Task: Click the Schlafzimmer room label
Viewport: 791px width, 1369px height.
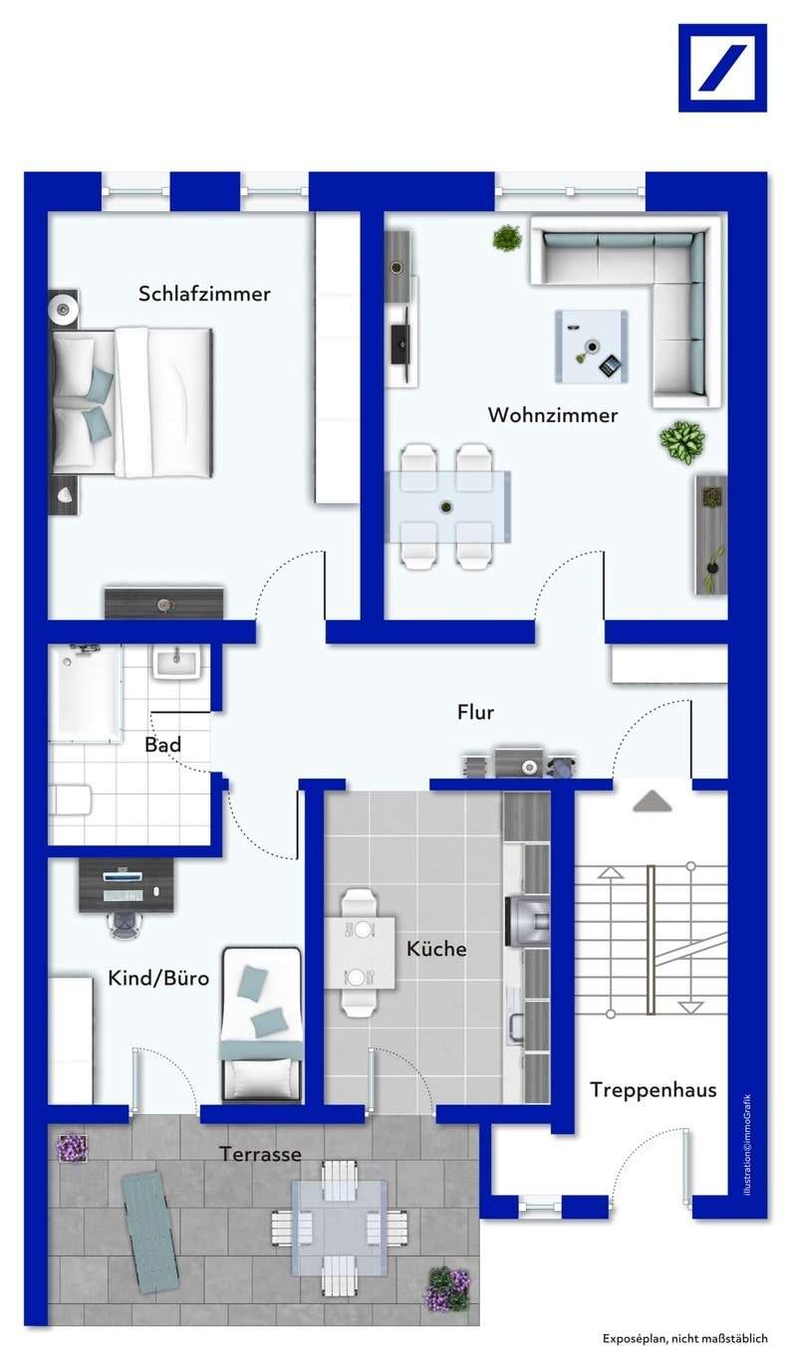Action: pyautogui.click(x=204, y=294)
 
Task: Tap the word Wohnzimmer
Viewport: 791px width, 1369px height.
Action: pyautogui.click(x=552, y=415)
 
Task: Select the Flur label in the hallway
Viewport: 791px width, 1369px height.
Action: pyautogui.click(x=475, y=712)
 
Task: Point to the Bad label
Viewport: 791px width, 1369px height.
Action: pyautogui.click(x=163, y=745)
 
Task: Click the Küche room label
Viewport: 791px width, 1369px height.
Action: pyautogui.click(x=436, y=949)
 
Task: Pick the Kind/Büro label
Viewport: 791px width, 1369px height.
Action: pyautogui.click(x=158, y=978)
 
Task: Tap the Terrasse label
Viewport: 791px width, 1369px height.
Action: pyautogui.click(x=260, y=1154)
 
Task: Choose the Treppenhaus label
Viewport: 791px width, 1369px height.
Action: pyautogui.click(x=653, y=1089)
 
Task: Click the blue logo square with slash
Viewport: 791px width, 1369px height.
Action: pyautogui.click(x=722, y=68)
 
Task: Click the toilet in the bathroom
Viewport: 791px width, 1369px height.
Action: pyautogui.click(x=72, y=798)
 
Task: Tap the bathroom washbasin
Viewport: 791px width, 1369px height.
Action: pyautogui.click(x=177, y=661)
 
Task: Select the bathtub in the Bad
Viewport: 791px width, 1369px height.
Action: pyautogui.click(x=89, y=691)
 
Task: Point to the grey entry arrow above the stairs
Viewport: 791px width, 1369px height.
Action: pyautogui.click(x=653, y=799)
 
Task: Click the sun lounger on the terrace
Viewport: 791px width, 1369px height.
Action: pyautogui.click(x=150, y=1231)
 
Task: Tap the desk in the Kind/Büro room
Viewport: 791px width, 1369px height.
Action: pyautogui.click(x=126, y=882)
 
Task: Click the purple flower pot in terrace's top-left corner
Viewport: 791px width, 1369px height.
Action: pyautogui.click(x=71, y=1148)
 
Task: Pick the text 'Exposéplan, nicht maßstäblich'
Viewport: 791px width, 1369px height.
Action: pyautogui.click(x=684, y=1339)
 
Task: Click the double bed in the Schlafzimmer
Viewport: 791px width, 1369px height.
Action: pyautogui.click(x=132, y=401)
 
